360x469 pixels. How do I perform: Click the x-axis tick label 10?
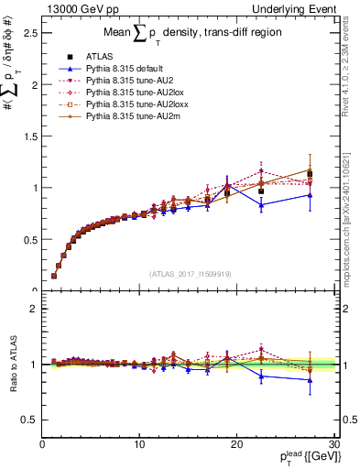click(139, 444)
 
